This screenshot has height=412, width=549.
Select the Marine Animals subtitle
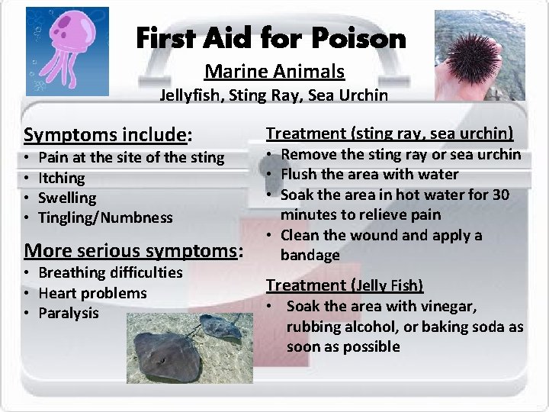coord(274,72)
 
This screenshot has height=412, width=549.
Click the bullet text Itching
coord(62,178)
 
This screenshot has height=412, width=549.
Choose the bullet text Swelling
coord(67,198)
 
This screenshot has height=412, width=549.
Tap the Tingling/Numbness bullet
coord(105,217)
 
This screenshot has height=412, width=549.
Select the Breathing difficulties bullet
coord(110,272)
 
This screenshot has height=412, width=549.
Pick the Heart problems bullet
coord(92,293)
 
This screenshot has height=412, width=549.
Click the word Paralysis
coord(69,313)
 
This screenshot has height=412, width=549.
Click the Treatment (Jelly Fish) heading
coord(344,285)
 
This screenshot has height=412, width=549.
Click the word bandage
coord(310,255)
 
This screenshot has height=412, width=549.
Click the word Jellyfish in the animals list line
coord(190,95)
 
